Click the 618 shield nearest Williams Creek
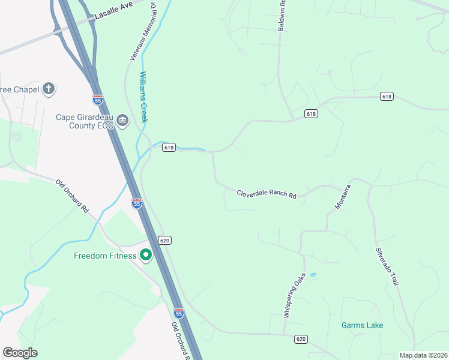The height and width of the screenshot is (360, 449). tap(169, 147)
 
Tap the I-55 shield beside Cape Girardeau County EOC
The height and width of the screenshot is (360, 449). tap(98, 98)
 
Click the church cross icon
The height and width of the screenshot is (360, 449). tap(49, 89)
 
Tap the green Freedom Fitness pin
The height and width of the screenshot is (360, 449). tap(145, 256)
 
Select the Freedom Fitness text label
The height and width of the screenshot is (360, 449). tap(105, 256)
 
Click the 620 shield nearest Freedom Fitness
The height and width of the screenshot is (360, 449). tap(166, 240)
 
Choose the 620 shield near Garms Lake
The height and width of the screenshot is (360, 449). tap(301, 339)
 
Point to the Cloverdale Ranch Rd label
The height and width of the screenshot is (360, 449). tap(267, 194)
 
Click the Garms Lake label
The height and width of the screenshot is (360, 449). tap(362, 325)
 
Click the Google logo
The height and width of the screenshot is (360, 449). tap(20, 353)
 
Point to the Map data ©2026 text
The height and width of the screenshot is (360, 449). tap(424, 355)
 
